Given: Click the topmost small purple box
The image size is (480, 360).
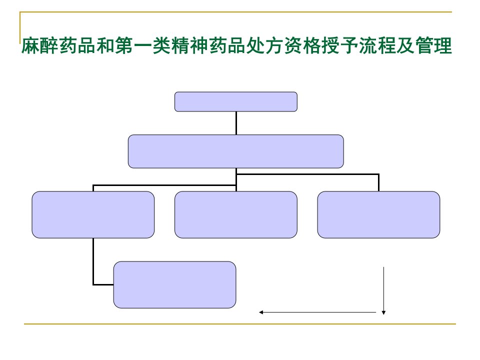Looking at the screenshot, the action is click(235, 101).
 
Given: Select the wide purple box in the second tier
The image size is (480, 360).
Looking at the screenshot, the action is click(235, 151).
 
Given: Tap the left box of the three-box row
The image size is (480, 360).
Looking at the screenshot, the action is click(93, 214).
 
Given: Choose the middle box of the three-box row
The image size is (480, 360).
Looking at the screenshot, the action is click(235, 214).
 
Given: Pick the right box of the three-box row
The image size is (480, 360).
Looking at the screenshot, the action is click(378, 214).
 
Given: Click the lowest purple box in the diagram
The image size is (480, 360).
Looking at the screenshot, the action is click(174, 284).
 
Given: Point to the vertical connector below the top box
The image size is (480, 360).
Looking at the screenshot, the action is click(236, 123).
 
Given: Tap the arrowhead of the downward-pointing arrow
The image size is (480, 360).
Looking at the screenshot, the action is click(383, 312).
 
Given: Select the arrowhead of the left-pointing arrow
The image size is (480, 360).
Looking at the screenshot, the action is click(261, 312).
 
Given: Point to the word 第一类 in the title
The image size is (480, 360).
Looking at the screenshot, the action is click(143, 45).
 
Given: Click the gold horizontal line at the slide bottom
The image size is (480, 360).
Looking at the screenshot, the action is click(239, 323).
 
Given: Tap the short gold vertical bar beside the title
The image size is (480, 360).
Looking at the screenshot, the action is click(20, 27).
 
